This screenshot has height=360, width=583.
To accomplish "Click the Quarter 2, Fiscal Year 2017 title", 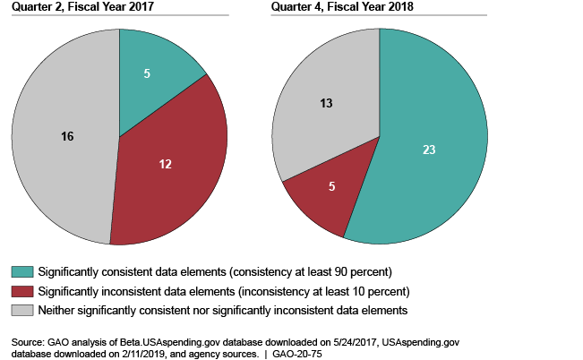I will [x=71, y=8].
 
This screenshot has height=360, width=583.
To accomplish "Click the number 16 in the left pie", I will [x=66, y=136].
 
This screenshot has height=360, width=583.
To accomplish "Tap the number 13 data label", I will [x=327, y=103].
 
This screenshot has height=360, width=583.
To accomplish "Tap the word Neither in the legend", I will [x=55, y=310].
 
